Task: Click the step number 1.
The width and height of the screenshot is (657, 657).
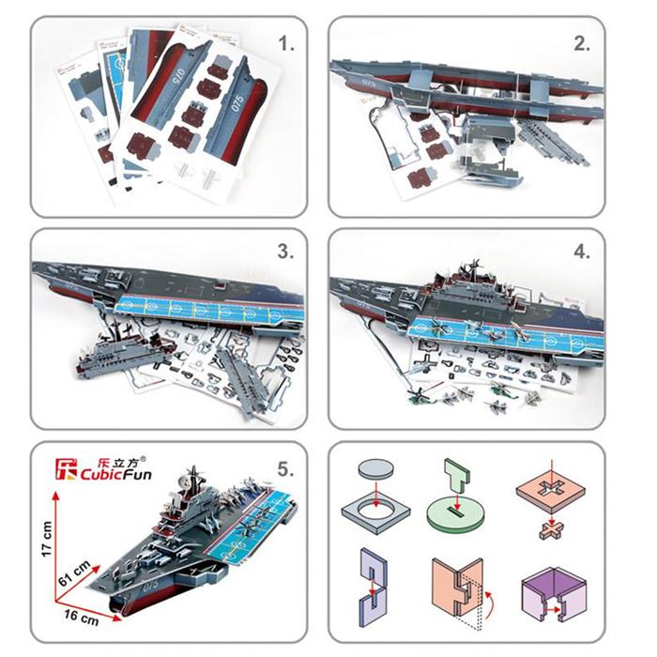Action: [x=287, y=43]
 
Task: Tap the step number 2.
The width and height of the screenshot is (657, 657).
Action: [x=582, y=43]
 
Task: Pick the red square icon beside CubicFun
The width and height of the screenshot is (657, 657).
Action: [x=66, y=464]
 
